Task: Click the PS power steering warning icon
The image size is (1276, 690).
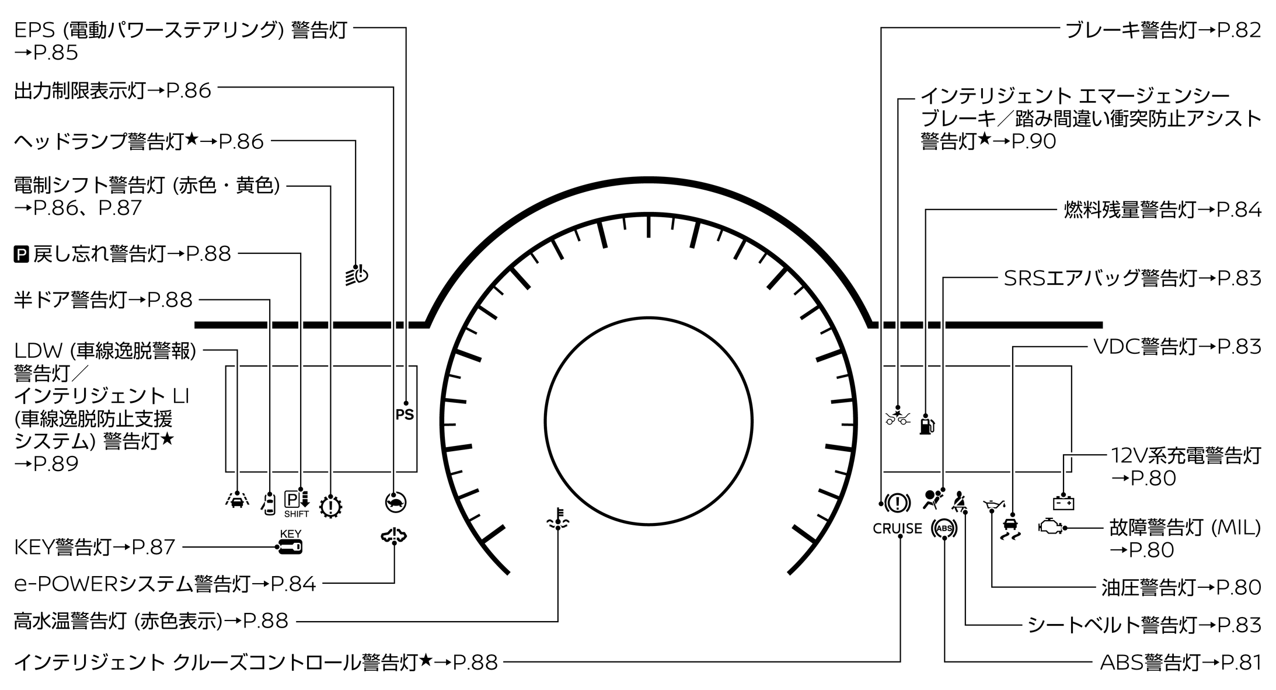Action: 404,414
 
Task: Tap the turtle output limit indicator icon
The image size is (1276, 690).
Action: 396,502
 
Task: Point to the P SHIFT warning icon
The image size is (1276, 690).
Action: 297,504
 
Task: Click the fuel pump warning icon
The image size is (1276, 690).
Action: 927,424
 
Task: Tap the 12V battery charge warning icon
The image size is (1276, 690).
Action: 1063,503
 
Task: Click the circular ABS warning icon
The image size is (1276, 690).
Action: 944,529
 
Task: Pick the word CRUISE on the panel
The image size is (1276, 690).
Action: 897,529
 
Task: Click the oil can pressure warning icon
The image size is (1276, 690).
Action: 995,504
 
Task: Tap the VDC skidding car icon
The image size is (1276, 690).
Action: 1010,528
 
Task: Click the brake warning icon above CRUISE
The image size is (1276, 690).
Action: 897,503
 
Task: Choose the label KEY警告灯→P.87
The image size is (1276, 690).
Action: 95,548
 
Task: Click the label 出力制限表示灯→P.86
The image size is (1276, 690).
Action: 113,90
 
